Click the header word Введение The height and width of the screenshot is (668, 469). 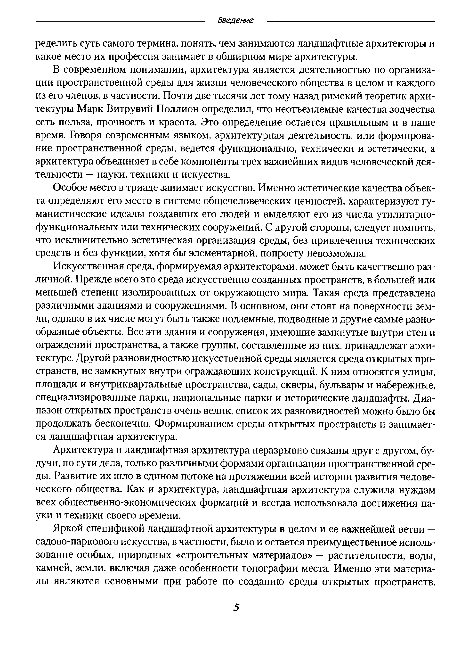(235, 20)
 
